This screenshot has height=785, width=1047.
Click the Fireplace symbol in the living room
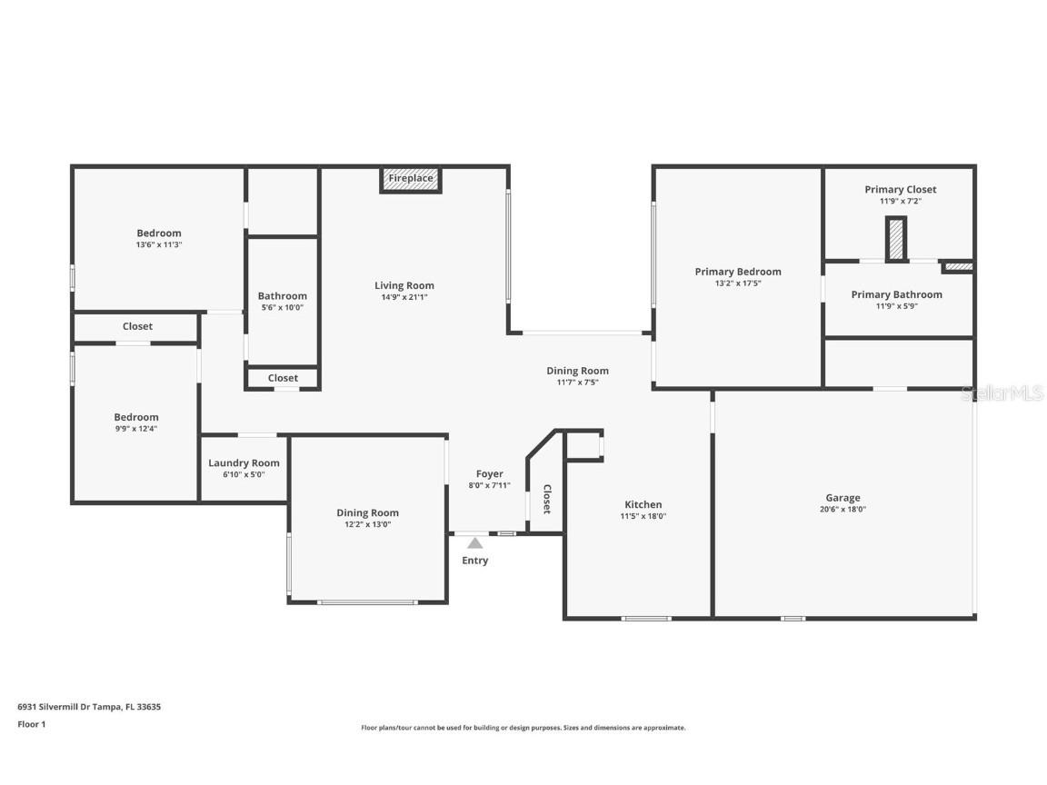pyautogui.click(x=410, y=179)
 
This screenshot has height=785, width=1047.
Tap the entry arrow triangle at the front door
pyautogui.click(x=474, y=543)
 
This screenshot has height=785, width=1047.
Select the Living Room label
pyautogui.click(x=404, y=285)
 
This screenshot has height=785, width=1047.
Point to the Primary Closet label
pyautogui.click(x=900, y=189)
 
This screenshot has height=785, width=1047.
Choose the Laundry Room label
pyautogui.click(x=244, y=462)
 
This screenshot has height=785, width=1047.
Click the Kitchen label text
pyautogui.click(x=643, y=504)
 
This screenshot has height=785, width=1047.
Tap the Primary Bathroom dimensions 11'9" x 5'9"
pyautogui.click(x=896, y=307)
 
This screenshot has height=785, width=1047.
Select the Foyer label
pyautogui.click(x=489, y=473)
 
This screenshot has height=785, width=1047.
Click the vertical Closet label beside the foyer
pyautogui.click(x=547, y=499)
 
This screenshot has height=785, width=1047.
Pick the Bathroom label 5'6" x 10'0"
pyautogui.click(x=282, y=295)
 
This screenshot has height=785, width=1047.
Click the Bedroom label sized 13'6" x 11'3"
pyautogui.click(x=159, y=233)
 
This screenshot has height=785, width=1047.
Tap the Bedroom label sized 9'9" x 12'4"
pyautogui.click(x=136, y=417)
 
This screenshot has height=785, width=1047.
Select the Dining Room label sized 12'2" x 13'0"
pyautogui.click(x=367, y=512)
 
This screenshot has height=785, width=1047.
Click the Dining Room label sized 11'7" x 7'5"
pyautogui.click(x=577, y=371)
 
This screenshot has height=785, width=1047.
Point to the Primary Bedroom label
pyautogui.click(x=737, y=272)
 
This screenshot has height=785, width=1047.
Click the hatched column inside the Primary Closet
pyautogui.click(x=897, y=240)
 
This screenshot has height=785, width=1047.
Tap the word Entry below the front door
pyautogui.click(x=474, y=561)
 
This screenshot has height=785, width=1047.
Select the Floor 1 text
pyautogui.click(x=31, y=724)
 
